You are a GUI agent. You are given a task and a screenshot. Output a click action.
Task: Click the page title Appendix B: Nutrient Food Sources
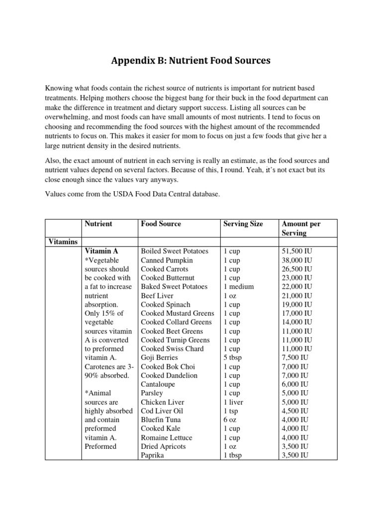(191, 61)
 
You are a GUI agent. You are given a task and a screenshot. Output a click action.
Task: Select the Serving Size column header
(243, 224)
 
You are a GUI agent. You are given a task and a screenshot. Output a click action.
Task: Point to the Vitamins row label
(63, 242)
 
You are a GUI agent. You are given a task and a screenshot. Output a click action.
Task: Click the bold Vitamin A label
(101, 251)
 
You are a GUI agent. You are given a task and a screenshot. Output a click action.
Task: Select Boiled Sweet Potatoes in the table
(175, 251)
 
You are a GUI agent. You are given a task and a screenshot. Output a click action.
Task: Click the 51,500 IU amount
(297, 251)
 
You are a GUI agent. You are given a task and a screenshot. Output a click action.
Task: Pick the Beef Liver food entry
(157, 295)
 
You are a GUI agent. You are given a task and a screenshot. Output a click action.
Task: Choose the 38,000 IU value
(297, 260)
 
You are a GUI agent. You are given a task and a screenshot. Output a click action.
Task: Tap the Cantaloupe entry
(158, 384)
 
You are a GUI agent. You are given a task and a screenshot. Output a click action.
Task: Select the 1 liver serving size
(233, 402)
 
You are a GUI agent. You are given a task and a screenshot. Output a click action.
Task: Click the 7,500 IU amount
(295, 357)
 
